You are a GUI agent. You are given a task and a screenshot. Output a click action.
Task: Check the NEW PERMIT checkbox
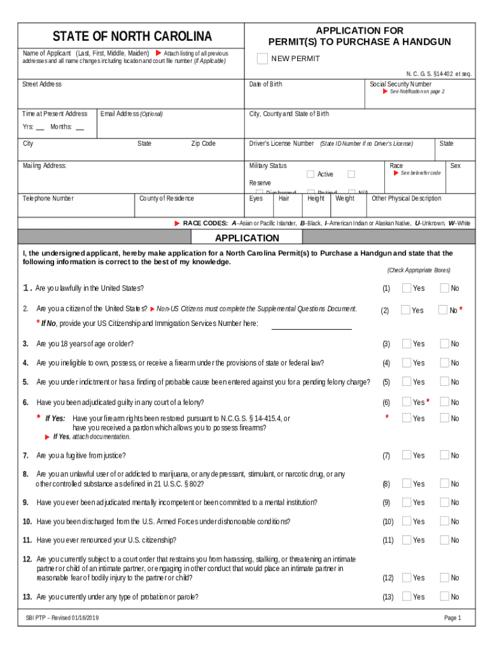click(x=262, y=59)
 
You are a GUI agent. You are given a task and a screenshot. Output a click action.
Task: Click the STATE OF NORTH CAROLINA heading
click(x=132, y=36)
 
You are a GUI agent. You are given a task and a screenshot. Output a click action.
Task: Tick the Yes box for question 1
click(x=406, y=288)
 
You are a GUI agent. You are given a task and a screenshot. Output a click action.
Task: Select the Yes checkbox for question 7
click(x=406, y=455)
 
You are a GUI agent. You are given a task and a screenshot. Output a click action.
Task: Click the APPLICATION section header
click(x=247, y=238)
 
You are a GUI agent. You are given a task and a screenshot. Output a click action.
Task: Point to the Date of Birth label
click(x=266, y=84)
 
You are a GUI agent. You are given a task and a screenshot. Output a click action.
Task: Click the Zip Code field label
click(x=204, y=143)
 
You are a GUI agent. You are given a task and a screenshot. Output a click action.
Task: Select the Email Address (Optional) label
click(x=132, y=114)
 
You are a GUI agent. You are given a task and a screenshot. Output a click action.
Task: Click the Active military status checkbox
click(x=311, y=174)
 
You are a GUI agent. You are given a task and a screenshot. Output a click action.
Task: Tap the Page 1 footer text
click(x=452, y=618)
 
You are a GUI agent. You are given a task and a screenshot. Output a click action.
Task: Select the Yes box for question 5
click(x=406, y=382)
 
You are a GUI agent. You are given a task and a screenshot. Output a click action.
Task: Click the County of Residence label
click(x=167, y=199)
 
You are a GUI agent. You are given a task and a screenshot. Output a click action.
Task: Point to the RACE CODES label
click(x=205, y=223)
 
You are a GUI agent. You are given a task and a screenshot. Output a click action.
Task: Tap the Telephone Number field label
click(x=48, y=199)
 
